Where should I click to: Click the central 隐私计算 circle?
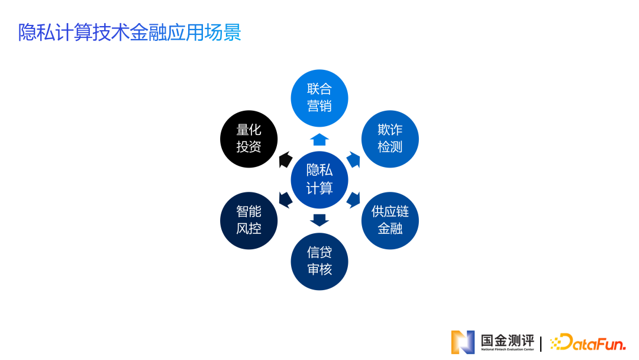319,179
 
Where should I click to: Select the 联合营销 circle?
319,98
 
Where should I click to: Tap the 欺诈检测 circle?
390,139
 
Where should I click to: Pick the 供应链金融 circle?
390,220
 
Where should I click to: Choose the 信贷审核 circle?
319,261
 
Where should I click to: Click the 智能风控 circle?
248,220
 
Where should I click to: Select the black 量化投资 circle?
248,139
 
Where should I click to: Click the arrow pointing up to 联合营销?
319,139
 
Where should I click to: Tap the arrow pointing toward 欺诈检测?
354,159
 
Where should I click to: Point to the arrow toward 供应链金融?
354,200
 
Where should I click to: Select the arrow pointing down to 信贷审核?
319,220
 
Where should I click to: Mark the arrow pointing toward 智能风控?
285,200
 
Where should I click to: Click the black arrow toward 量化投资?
285,159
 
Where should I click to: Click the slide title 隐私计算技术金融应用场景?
130,32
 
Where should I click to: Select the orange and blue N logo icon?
463,342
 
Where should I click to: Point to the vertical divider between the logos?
541,343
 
